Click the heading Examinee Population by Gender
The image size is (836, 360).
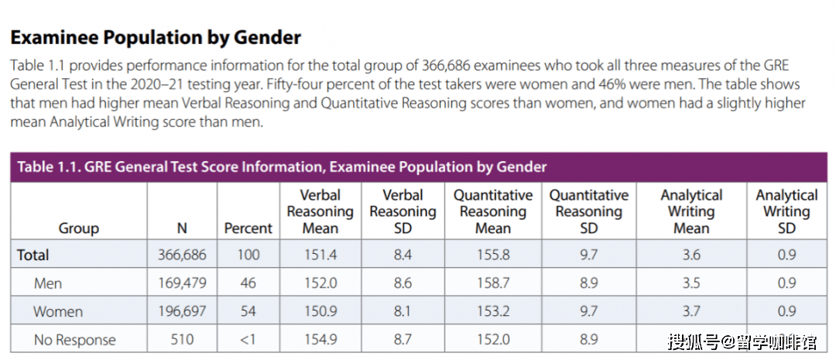[155, 37]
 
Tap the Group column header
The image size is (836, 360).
[79, 228]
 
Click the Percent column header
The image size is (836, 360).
[248, 228]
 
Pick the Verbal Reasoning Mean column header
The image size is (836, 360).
[320, 211]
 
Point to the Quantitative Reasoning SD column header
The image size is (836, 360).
[588, 211]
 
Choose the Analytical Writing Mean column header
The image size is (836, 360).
[691, 211]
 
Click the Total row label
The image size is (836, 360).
[33, 255]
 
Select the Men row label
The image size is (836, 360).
[48, 283]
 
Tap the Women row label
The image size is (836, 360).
[58, 311]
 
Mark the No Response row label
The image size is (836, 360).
[74, 339]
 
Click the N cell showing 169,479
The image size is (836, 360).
[181, 283]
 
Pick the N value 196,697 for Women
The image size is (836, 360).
[181, 311]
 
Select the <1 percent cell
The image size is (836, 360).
[248, 339]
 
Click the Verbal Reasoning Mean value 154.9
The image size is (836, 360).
[320, 339]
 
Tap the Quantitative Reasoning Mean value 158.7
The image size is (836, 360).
[493, 283]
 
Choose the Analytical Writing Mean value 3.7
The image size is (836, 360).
[691, 311]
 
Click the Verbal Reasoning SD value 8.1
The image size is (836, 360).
[403, 311]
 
